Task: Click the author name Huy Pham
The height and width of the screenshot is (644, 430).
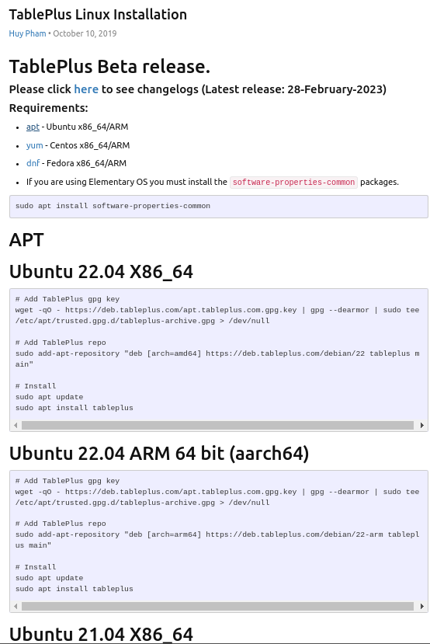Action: point(27,33)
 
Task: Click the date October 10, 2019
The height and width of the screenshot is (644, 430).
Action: point(85,33)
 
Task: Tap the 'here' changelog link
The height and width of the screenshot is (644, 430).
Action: point(86,89)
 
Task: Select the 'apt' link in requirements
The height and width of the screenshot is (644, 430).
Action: point(33,127)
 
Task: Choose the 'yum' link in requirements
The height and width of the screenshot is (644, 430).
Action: point(34,145)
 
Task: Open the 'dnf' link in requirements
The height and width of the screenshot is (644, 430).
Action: point(33,163)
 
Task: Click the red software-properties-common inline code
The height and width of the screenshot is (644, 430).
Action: point(293,182)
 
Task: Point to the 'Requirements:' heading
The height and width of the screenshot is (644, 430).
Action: point(48,108)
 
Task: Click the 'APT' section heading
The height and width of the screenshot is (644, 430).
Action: point(26,240)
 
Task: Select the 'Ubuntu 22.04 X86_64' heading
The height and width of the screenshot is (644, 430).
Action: point(101,271)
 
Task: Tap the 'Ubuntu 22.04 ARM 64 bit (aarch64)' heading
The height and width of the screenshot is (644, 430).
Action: point(159,454)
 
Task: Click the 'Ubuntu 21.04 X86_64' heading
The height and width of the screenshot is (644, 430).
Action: point(101,635)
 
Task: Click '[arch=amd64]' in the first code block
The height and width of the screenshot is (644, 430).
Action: point(175,353)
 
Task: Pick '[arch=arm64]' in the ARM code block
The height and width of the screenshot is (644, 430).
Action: point(175,534)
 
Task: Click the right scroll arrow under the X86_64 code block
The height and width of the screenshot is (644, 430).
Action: point(421,425)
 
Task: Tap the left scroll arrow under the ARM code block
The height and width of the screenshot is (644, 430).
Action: point(16,606)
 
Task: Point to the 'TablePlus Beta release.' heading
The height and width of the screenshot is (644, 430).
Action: point(109,67)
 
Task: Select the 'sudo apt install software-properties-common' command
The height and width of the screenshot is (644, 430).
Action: point(113,206)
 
